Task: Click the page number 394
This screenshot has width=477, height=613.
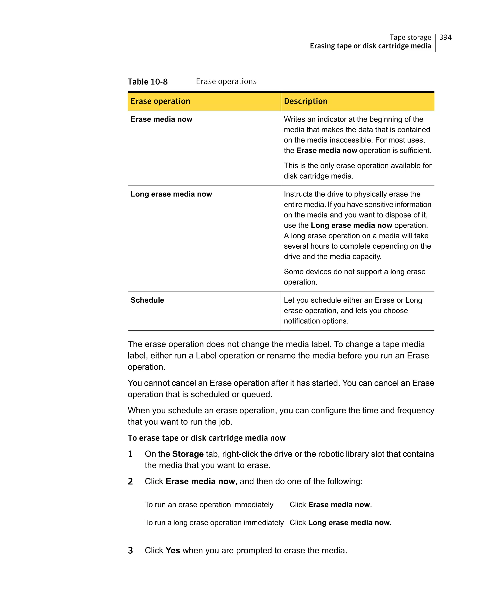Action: pos(445,37)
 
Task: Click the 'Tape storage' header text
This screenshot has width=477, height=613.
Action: pos(410,37)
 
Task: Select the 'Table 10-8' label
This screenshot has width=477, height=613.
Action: pos(148,82)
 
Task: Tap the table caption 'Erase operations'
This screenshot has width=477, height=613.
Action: pos(226,81)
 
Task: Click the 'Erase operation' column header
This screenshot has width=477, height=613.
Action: pos(160,101)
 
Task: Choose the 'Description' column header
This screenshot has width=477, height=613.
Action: pos(305,101)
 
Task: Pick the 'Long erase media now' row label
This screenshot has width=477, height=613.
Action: pos(171,194)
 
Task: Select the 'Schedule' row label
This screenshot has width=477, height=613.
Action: pos(147,300)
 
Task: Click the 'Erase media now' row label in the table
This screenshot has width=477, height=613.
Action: pos(161,119)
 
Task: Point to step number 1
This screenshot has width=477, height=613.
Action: pos(130,454)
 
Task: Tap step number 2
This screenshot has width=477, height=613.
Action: pos(130,481)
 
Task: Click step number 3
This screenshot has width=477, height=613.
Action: pos(130,550)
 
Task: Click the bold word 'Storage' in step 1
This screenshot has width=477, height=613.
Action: pos(187,454)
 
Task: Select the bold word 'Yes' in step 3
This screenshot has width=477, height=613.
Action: pos(173,550)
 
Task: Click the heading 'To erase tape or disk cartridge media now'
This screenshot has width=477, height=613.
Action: pos(206,438)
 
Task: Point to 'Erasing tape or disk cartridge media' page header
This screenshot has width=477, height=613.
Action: pos(370,46)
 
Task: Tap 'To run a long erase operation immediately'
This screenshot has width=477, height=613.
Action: pos(214,523)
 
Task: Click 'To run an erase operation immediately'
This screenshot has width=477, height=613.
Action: pos(209,505)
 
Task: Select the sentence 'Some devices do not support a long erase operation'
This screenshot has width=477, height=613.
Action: pos(354,277)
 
